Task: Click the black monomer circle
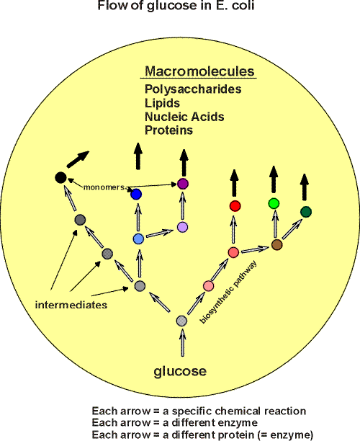[x=60, y=178]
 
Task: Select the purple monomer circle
[x=183, y=184]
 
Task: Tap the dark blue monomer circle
[x=136, y=195]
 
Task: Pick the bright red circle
[x=235, y=206]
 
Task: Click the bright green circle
[x=274, y=203]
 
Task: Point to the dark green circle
[x=306, y=212]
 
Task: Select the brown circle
[x=276, y=245]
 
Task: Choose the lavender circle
[x=183, y=227]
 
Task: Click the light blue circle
[x=138, y=239]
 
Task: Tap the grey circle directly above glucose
[x=182, y=321]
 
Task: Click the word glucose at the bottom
[x=180, y=372]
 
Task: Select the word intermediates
[x=71, y=305]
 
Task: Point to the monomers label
[x=104, y=187]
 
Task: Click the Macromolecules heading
[x=199, y=71]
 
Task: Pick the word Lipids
[x=162, y=103]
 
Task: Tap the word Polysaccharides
[x=193, y=89]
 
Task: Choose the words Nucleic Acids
[x=184, y=117]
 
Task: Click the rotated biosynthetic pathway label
[x=228, y=292]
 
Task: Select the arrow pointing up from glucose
[x=183, y=342]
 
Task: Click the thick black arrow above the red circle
[x=235, y=183]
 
